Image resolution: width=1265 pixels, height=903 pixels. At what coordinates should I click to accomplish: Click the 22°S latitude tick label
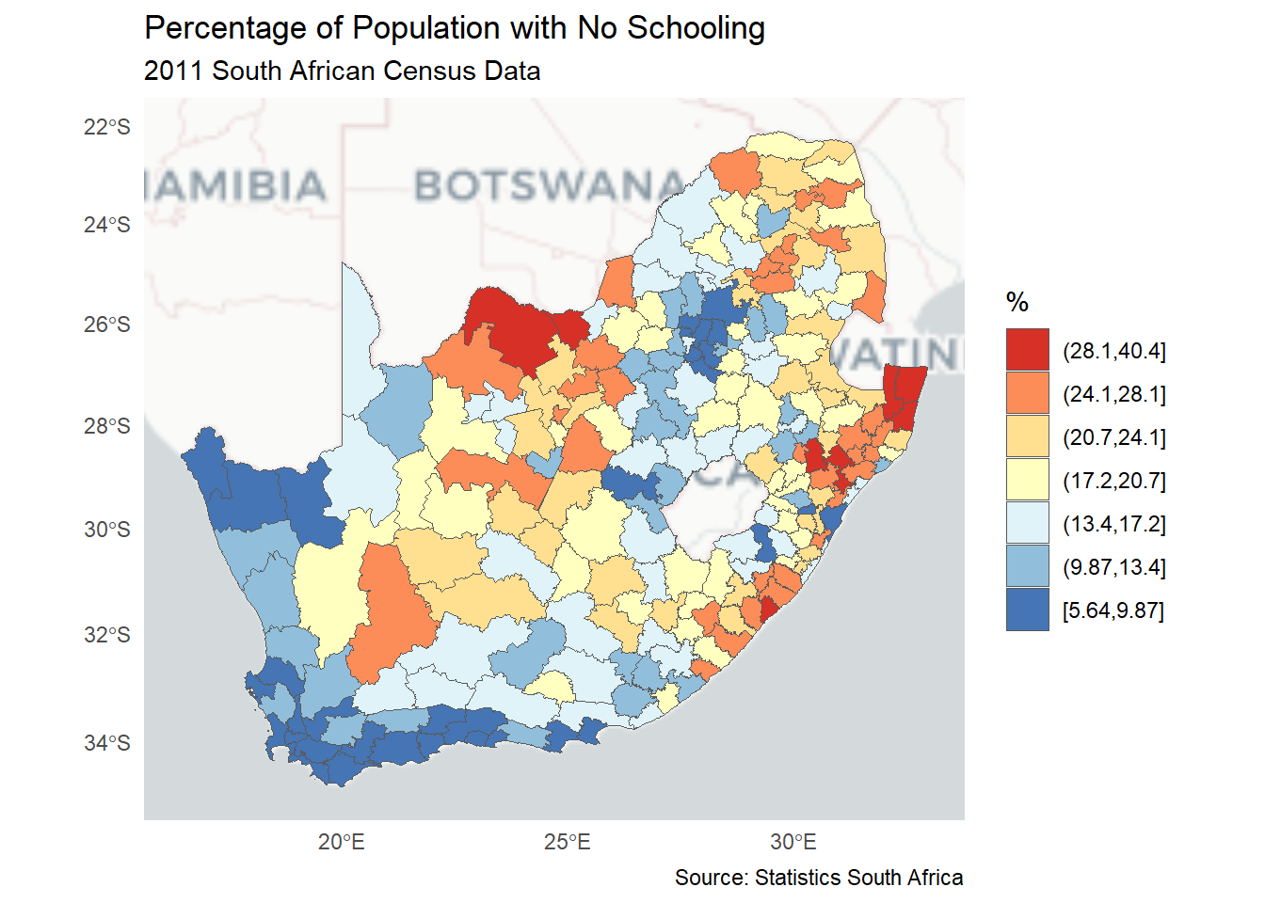[x=106, y=127]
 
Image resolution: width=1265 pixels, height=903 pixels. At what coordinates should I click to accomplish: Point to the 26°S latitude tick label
[x=106, y=325]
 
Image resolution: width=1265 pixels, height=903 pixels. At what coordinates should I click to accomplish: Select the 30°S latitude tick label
[x=106, y=530]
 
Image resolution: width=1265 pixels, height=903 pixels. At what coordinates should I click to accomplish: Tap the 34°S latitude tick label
[x=106, y=743]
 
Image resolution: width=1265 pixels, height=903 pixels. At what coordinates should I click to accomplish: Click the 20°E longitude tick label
[x=341, y=842]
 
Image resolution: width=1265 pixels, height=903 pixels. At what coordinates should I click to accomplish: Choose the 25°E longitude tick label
[x=567, y=842]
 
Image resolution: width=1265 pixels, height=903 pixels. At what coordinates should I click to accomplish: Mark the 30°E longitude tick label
[x=793, y=842]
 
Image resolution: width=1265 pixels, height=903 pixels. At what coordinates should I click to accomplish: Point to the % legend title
[x=1017, y=302]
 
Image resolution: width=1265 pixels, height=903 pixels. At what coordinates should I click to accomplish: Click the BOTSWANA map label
[x=551, y=186]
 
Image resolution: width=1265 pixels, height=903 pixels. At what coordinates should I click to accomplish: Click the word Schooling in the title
[x=696, y=29]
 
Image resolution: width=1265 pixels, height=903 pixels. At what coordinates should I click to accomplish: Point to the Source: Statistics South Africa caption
[x=819, y=878]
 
